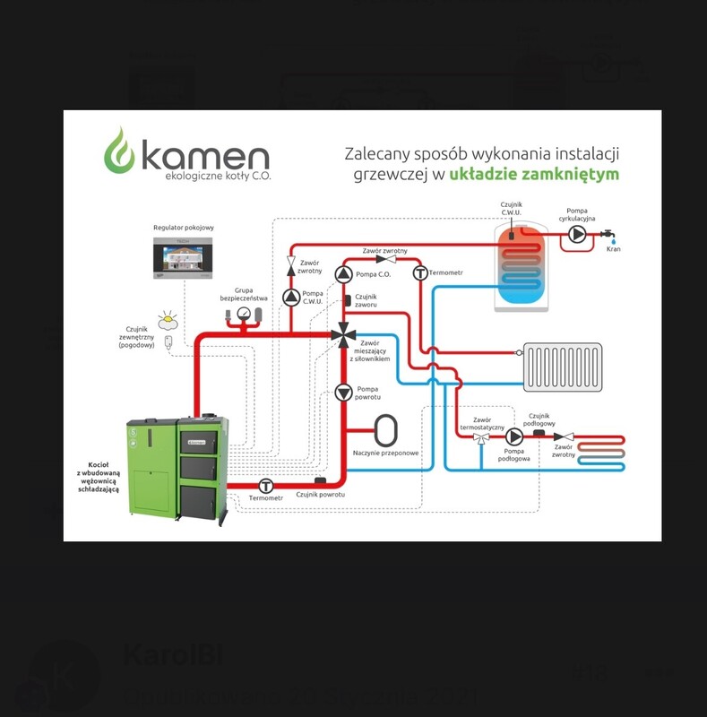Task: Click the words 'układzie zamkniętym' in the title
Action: [534, 174]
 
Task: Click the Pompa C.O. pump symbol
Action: [343, 273]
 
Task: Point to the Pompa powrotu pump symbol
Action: [343, 392]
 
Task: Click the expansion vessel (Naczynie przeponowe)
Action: [386, 428]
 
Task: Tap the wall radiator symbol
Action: [563, 367]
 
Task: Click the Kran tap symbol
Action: [613, 236]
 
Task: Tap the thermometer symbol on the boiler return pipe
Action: [265, 485]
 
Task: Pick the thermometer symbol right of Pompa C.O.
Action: [418, 272]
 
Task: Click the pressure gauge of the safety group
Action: [243, 313]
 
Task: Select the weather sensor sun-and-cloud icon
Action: [168, 320]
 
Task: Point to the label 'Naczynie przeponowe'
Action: [386, 454]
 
